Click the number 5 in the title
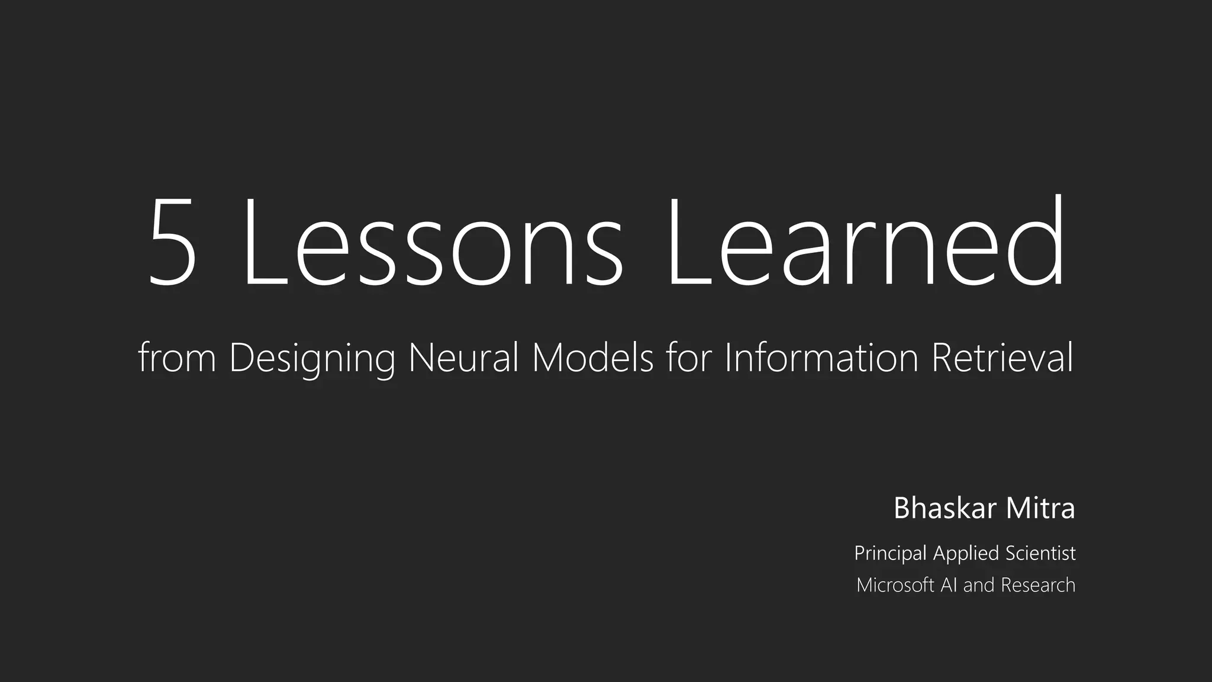click(x=172, y=243)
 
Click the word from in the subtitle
click(x=177, y=358)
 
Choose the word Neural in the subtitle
click(x=463, y=358)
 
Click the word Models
click(x=592, y=358)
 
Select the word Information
click(x=821, y=358)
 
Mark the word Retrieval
click(x=1002, y=358)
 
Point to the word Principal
click(x=890, y=554)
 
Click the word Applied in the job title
click(x=966, y=554)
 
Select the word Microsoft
click(x=895, y=585)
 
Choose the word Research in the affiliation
click(x=1038, y=585)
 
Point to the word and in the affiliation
click(x=979, y=585)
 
